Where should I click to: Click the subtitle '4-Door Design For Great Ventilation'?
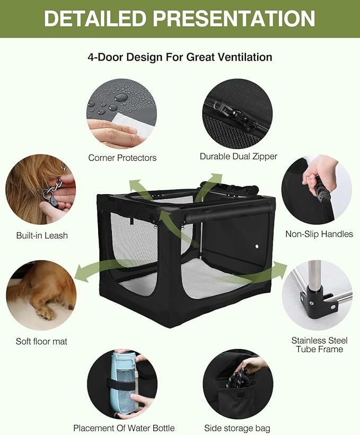click(x=180, y=57)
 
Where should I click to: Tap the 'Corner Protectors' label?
click(x=122, y=158)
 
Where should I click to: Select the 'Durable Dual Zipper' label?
click(x=238, y=156)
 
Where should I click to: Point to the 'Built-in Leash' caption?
click(x=41, y=235)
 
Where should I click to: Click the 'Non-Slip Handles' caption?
click(x=319, y=234)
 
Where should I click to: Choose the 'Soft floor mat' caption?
click(x=41, y=341)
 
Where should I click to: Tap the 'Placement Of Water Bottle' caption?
click(x=124, y=428)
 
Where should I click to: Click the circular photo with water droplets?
click(x=121, y=114)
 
